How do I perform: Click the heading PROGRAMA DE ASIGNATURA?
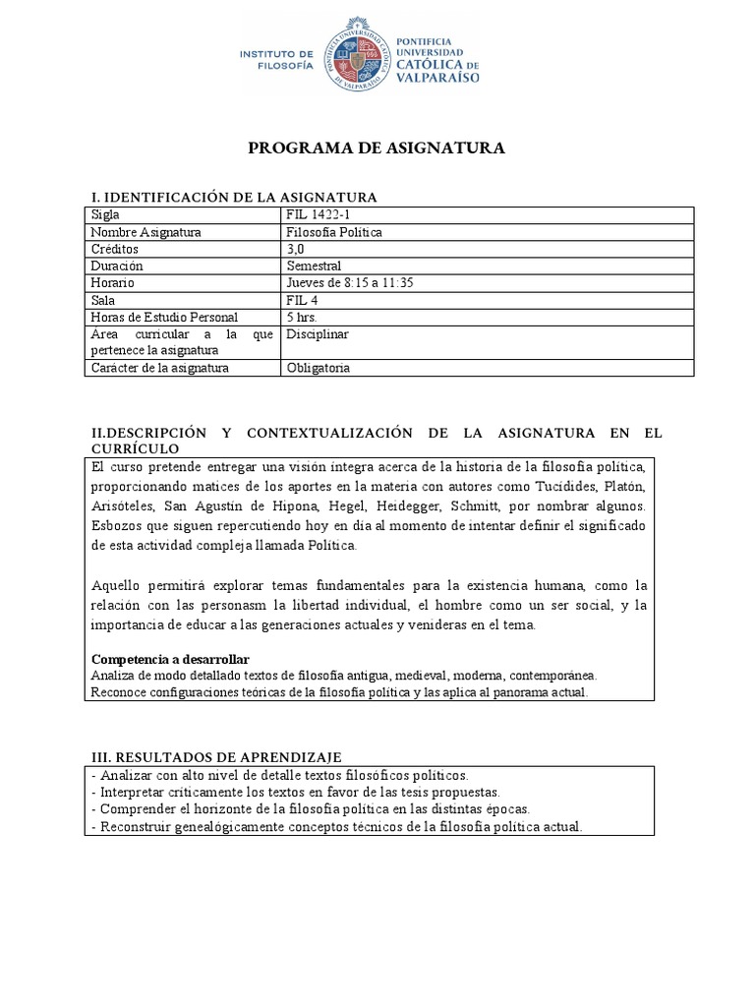coord(377,148)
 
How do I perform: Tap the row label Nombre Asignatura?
coord(145,232)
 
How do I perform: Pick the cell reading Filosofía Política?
coord(334,232)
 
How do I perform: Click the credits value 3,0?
coord(296,249)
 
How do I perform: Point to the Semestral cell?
coord(314,266)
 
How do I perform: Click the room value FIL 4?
coord(302,300)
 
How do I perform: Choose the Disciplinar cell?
coord(318,334)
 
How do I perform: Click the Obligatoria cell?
coord(318,368)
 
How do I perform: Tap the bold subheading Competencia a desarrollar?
coord(170,658)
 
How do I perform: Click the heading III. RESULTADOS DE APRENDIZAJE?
coord(216,756)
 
